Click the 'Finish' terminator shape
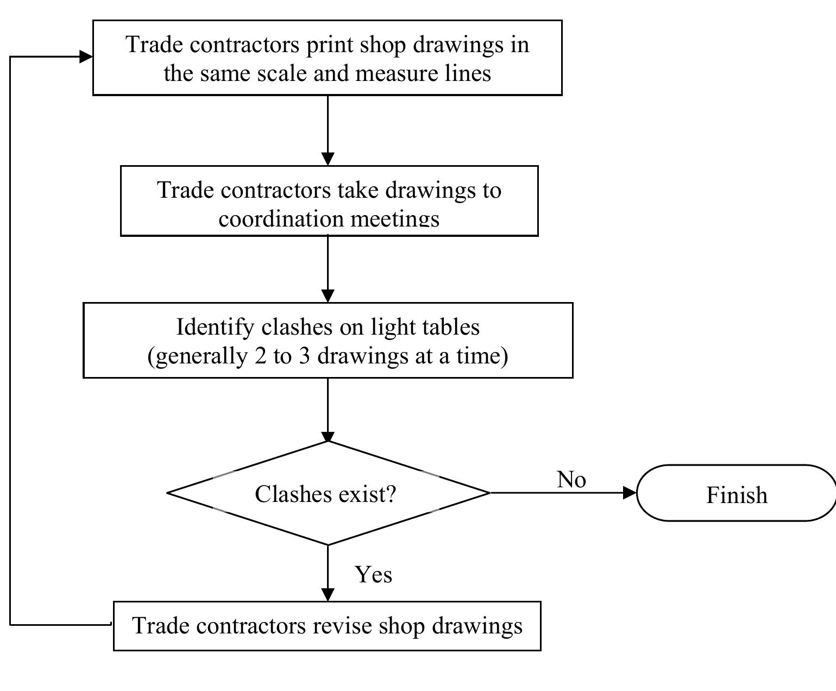(736, 493)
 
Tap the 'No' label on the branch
(571, 480)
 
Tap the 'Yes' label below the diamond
(373, 574)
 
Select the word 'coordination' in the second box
(281, 219)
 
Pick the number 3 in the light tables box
(304, 356)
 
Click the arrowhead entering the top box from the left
(86, 56)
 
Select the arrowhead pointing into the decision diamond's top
(328, 436)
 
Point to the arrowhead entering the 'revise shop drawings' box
(328, 594)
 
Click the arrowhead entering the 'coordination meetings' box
(328, 159)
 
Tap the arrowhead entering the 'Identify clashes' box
(328, 295)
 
